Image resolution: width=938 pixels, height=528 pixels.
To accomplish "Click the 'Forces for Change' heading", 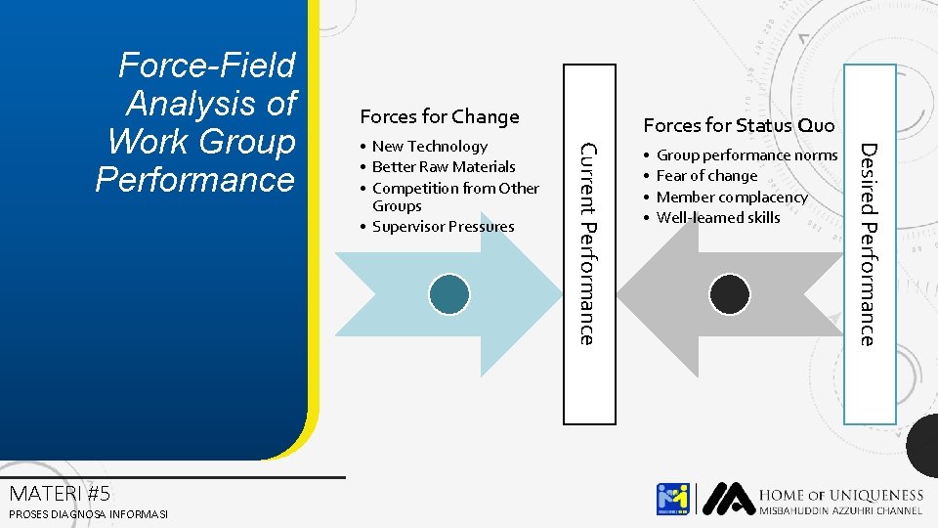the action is click(440, 117).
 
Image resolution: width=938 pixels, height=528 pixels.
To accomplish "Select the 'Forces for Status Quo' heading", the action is click(739, 125).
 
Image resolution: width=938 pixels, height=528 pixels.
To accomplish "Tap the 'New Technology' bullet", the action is click(429, 147).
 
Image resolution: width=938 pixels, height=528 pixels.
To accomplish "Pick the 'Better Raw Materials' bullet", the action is click(444, 167).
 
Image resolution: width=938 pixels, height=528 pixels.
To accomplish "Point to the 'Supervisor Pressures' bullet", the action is click(443, 227).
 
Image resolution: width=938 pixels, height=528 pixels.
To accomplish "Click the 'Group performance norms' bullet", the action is click(746, 155).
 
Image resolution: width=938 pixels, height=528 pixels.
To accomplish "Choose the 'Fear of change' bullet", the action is click(706, 176).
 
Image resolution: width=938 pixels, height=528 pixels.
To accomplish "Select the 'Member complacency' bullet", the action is click(732, 198).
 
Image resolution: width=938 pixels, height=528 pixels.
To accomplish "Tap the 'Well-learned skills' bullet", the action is click(718, 218).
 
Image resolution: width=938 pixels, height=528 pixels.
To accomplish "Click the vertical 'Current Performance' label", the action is click(587, 243).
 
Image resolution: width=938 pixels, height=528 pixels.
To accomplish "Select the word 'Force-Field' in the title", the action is click(206, 66).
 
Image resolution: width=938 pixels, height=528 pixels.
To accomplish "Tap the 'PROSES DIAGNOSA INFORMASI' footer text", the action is click(88, 514).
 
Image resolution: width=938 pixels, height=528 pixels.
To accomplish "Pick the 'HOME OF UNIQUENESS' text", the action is click(841, 496).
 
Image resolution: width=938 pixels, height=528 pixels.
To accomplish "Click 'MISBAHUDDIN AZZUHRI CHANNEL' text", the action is click(841, 511).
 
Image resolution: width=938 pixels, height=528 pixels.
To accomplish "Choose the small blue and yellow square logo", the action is click(673, 499).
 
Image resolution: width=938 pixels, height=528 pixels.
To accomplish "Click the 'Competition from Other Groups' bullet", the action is click(455, 197).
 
